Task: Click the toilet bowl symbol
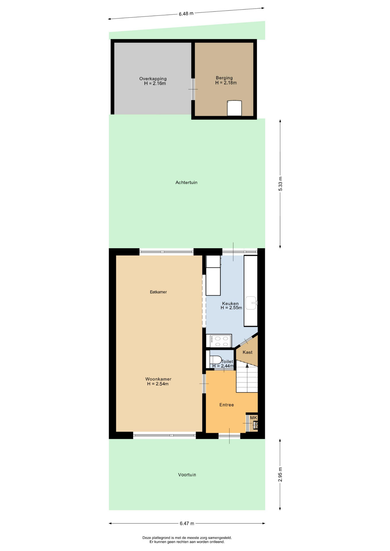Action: coord(215,360)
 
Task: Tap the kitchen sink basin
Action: coord(251,303)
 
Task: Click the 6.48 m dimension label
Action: coord(186,13)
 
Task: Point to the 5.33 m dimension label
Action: coord(281,184)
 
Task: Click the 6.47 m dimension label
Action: coord(187,523)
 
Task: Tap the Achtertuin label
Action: coord(186,183)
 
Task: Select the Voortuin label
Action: coord(187,475)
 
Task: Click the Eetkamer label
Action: coord(158,292)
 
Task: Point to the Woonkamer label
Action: coord(158,379)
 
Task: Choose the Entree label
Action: coord(227,405)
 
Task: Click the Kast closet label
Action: coord(248,352)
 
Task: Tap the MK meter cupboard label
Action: coord(254,418)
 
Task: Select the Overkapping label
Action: coord(153,79)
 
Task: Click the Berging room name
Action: coord(224,78)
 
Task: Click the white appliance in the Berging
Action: coord(234,108)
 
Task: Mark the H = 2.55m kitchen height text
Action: coord(231,308)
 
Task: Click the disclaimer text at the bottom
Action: coord(187,540)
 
